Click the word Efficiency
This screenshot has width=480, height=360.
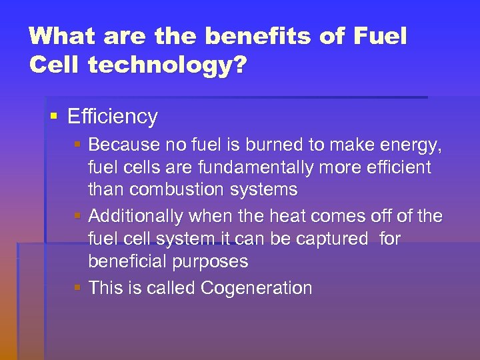(113, 117)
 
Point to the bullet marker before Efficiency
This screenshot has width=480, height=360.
(54, 117)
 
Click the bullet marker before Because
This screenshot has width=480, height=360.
(78, 144)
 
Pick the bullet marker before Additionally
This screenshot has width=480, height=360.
(78, 216)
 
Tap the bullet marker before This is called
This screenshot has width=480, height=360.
(78, 288)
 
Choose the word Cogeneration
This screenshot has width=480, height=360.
(256, 289)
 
